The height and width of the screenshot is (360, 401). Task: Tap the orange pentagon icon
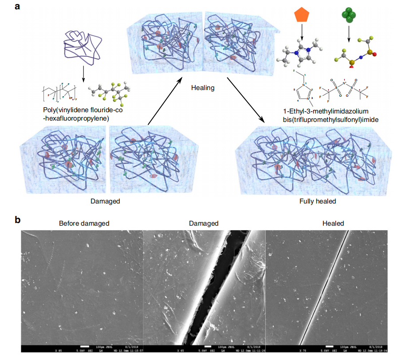coord(302,16)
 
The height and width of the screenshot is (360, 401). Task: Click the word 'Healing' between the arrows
coord(203,88)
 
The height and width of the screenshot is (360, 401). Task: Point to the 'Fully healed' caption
coord(318,201)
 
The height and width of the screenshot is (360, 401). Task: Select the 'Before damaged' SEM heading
coord(84,223)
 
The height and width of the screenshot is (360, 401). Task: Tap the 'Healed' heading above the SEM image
coord(334,223)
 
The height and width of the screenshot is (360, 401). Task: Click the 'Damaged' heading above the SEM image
coord(203,223)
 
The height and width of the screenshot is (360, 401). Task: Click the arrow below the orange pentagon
coord(302,34)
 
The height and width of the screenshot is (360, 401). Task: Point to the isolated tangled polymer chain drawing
coord(83,45)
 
